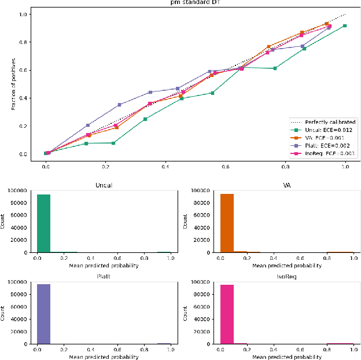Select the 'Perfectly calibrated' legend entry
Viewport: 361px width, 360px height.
click(x=330, y=122)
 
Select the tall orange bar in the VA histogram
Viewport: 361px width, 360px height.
click(x=227, y=223)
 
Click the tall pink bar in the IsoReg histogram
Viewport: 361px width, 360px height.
click(x=227, y=314)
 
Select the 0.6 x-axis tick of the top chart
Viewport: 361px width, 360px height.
click(x=225, y=166)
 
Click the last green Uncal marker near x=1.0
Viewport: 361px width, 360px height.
click(x=345, y=26)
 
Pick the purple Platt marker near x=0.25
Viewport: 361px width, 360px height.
click(x=120, y=105)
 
